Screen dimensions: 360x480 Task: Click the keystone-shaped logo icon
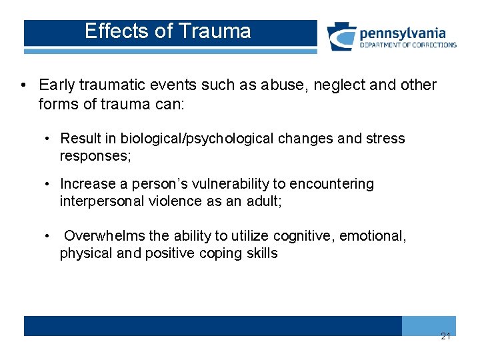341,37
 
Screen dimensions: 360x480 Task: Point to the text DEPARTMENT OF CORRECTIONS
408,45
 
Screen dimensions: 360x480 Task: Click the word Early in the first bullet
56,85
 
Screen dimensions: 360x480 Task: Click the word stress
385,139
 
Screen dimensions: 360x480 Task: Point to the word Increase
85,183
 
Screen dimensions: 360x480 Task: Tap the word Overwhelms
103,236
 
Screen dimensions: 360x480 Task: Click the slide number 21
445,336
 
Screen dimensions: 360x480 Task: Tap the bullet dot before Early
24,86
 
